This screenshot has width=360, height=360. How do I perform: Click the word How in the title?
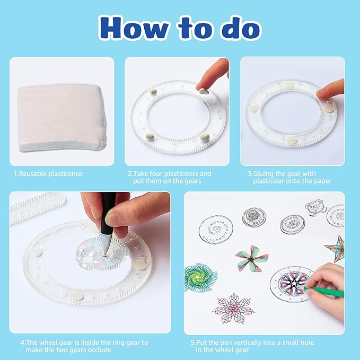pyautogui.click(x=134, y=28)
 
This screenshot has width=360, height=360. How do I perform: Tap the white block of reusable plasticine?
pyautogui.click(x=62, y=118)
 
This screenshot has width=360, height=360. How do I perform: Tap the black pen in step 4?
pyautogui.click(x=108, y=214)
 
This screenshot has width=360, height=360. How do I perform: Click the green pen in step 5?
pyautogui.click(x=324, y=291)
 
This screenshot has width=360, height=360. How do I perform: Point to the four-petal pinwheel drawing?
pyautogui.click(x=251, y=259)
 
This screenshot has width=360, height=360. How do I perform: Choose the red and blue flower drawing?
pyautogui.click(x=233, y=308)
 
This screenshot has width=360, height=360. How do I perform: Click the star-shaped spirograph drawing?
pyautogui.click(x=336, y=249)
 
